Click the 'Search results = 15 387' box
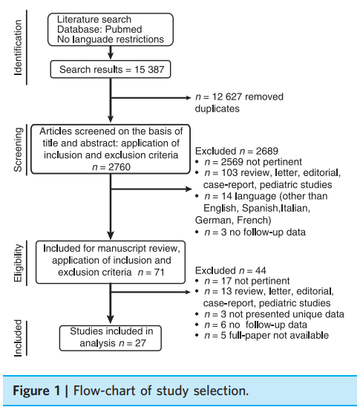[x=111, y=70]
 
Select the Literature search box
[x=111, y=30]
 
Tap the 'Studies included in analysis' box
[x=111, y=338]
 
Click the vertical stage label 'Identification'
[x=18, y=48]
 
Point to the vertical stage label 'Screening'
[x=18, y=149]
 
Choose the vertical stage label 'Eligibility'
[x=18, y=263]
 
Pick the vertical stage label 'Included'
[x=18, y=338]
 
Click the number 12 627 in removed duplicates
[x=227, y=97]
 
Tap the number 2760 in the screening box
[x=120, y=167]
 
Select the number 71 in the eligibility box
[x=159, y=273]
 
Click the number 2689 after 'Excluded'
[x=267, y=151]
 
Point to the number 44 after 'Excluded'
[x=261, y=270]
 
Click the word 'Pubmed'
[x=124, y=29]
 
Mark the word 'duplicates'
[x=217, y=108]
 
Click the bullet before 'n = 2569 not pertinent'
[x=197, y=162]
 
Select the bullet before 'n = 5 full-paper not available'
[x=197, y=336]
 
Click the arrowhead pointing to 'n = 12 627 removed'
[x=189, y=98]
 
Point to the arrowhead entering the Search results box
[x=111, y=56]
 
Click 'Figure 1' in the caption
[x=36, y=391]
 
